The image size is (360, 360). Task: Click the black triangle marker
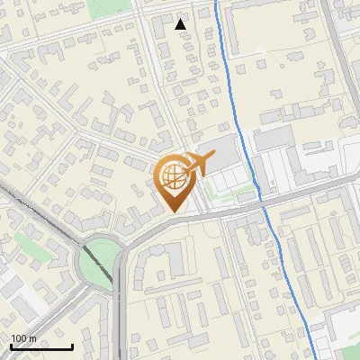181,24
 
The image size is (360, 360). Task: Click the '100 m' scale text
22,338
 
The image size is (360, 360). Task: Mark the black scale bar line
41,346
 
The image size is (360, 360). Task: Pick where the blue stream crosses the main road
264,202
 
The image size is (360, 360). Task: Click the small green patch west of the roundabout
27,241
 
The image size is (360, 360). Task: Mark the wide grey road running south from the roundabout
120,315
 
